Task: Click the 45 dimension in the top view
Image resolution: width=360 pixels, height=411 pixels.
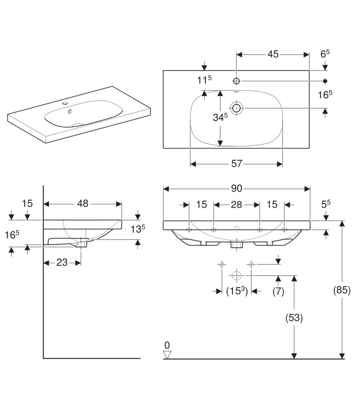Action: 273,54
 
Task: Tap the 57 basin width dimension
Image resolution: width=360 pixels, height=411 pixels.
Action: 237,164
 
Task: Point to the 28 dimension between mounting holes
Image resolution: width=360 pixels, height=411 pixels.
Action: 237,204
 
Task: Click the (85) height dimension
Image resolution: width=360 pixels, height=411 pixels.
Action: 341,290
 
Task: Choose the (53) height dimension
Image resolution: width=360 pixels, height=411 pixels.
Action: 294,317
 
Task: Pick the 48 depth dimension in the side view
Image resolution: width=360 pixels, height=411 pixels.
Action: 83,203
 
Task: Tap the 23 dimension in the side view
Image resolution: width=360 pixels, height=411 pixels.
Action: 62,263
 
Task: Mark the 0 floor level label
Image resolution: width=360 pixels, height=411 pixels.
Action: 167,345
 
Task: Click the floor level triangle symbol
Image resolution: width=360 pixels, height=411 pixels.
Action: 167,354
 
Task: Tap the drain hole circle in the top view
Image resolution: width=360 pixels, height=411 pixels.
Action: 237,108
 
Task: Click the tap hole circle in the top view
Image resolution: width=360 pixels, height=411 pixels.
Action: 237,81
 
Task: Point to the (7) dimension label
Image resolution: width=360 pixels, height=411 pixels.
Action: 278,291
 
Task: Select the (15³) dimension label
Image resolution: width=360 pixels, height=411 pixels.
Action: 237,291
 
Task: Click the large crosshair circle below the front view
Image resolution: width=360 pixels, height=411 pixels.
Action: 237,275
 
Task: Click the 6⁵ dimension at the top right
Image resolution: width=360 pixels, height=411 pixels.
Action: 325,54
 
